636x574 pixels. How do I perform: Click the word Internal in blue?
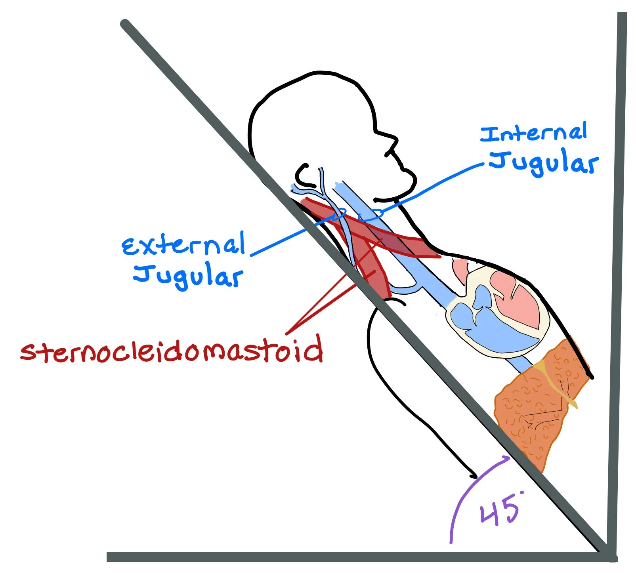coord(533,133)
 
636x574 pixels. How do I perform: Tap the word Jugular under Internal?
coord(543,163)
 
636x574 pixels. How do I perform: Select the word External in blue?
coord(183,244)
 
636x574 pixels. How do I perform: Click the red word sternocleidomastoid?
coord(172,351)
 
